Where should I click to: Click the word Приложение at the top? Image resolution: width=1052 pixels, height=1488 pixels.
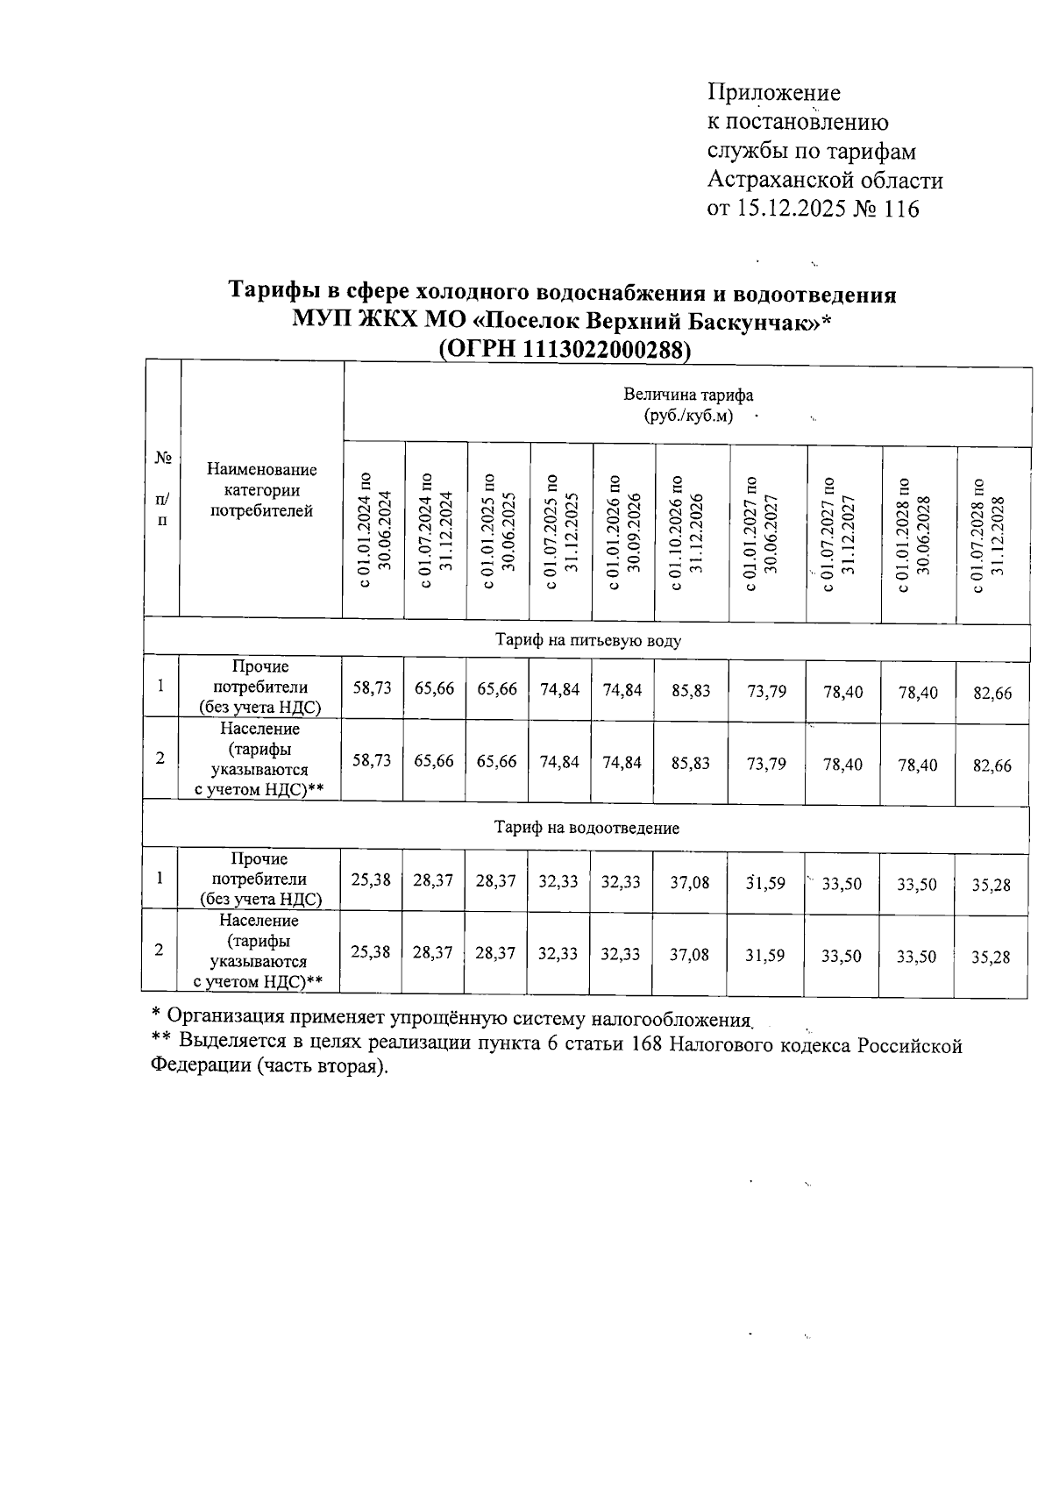tap(773, 93)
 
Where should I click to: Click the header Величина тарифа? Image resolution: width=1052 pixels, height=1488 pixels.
tap(687, 395)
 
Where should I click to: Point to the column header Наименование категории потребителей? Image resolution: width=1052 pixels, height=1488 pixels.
tap(261, 491)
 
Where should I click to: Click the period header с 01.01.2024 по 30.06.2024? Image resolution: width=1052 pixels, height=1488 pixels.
tap(373, 530)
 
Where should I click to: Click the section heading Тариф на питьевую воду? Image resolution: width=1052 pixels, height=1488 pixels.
tap(587, 641)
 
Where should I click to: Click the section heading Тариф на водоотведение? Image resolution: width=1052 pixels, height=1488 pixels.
tap(586, 828)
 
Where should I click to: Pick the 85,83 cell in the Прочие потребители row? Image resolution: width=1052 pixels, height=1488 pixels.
tap(690, 691)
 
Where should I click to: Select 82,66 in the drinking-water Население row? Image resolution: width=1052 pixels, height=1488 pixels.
tap(992, 765)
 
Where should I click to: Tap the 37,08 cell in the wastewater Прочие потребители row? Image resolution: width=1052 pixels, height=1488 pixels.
tap(690, 882)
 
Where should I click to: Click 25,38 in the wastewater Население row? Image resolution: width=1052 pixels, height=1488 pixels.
tap(370, 952)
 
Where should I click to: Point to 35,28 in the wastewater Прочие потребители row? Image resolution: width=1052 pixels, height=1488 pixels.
tap(991, 886)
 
